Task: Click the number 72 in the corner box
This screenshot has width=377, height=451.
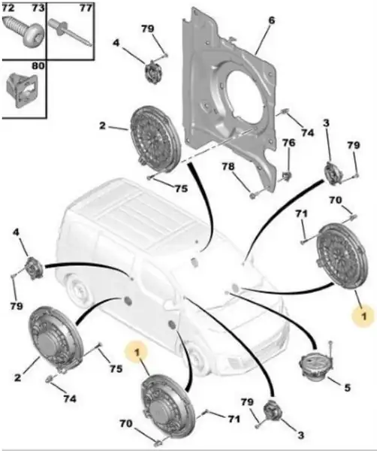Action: [8, 8]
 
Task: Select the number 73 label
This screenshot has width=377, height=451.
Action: [38, 8]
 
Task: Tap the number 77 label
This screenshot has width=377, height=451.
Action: [86, 8]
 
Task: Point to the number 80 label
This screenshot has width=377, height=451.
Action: [38, 66]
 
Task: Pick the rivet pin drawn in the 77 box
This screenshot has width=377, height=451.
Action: [71, 32]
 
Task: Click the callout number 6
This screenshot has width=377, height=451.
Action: [271, 20]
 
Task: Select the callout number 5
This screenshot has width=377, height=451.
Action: [348, 388]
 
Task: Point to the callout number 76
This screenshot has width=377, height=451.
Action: [288, 143]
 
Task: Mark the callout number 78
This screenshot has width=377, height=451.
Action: [228, 167]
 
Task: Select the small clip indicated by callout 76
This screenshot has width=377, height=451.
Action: [285, 175]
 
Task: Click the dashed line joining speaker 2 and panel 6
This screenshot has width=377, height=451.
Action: [219, 145]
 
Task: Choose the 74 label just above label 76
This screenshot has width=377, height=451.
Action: [307, 132]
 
